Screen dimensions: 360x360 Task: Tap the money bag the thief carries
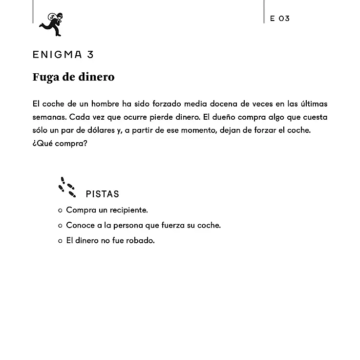[x=51, y=17]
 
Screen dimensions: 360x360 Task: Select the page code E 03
[x=280, y=19]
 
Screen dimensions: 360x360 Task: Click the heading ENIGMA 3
[x=63, y=55]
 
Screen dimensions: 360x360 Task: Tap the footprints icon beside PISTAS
[x=67, y=188]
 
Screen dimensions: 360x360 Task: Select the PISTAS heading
[x=102, y=194]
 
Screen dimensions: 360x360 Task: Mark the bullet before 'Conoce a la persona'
[x=60, y=226]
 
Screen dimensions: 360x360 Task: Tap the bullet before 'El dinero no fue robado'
[x=60, y=241]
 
